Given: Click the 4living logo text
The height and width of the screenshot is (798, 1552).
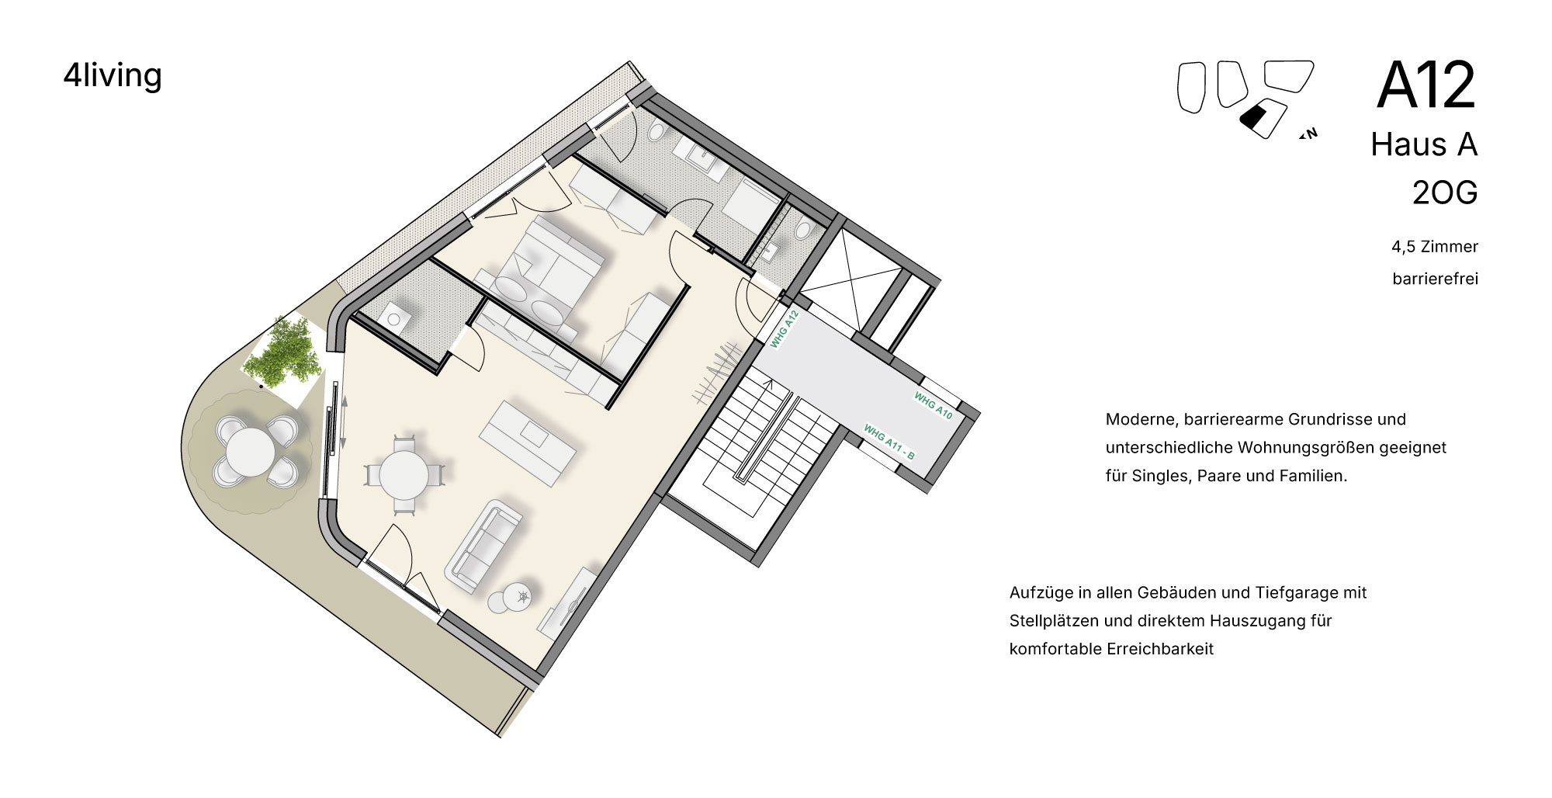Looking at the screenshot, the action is pos(113,76).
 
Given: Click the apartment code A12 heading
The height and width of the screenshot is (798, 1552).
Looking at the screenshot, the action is pos(1426,85).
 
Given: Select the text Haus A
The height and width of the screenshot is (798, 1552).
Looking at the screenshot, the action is pos(1424,144).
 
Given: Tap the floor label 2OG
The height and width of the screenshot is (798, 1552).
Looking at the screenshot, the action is pos(1445,193).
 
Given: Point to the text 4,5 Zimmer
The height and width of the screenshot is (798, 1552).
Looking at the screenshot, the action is pos(1435,247).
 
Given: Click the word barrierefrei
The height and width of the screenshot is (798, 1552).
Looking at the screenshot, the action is pos(1435,279).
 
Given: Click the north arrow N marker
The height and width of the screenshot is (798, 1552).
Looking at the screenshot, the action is pos(1309,134).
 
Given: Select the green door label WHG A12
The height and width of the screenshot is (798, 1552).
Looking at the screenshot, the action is pos(785,329).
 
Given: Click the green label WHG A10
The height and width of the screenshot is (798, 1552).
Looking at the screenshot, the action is pos(933,405).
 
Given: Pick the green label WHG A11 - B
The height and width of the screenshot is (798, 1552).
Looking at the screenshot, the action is pos(889,442).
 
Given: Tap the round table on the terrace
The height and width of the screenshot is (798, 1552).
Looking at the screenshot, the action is pos(248,453).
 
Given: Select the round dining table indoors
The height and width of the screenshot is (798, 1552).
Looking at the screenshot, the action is pos(404,475).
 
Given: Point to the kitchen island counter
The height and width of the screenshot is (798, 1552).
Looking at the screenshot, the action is pos(528,443).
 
